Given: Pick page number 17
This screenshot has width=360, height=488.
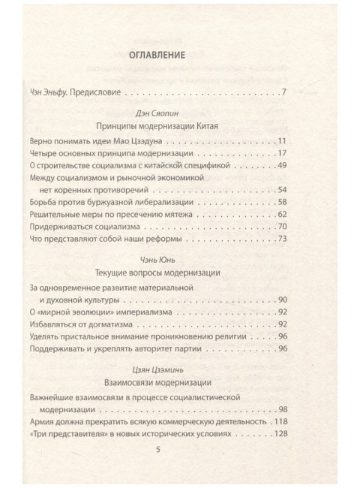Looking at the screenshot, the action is (283, 155).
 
